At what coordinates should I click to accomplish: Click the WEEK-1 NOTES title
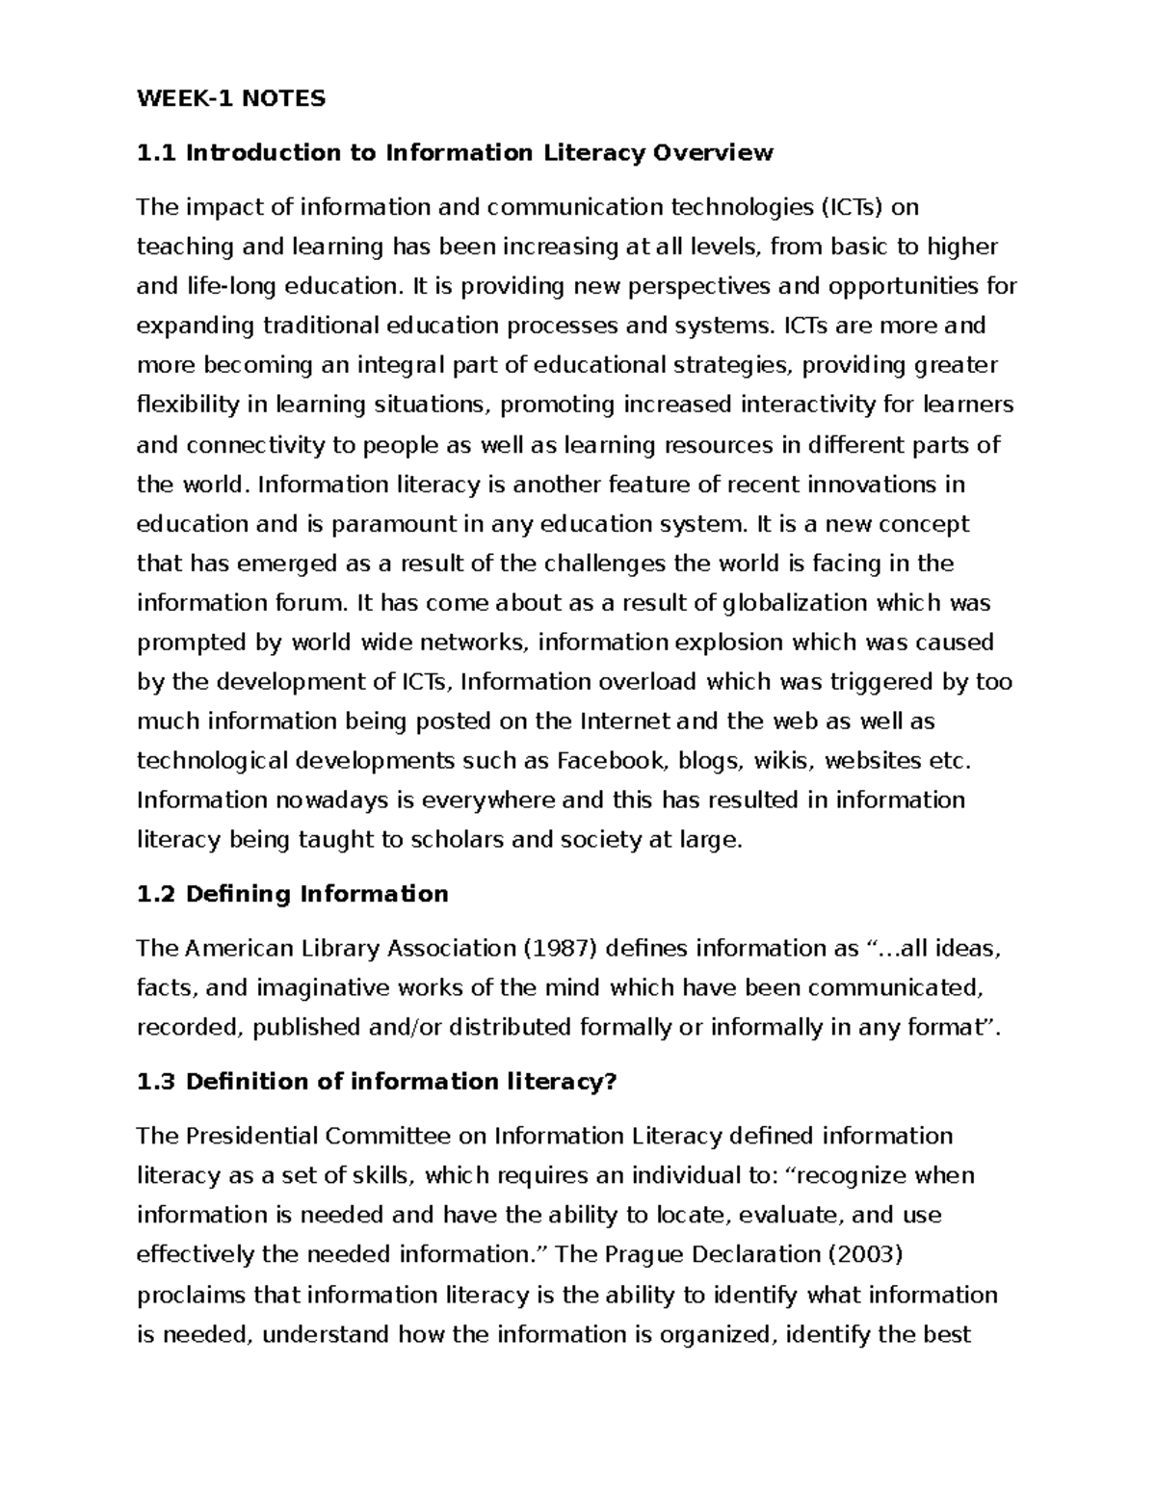pos(231,98)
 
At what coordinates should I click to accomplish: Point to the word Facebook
pos(612,761)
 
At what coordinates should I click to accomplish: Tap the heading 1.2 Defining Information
pos(293,895)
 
